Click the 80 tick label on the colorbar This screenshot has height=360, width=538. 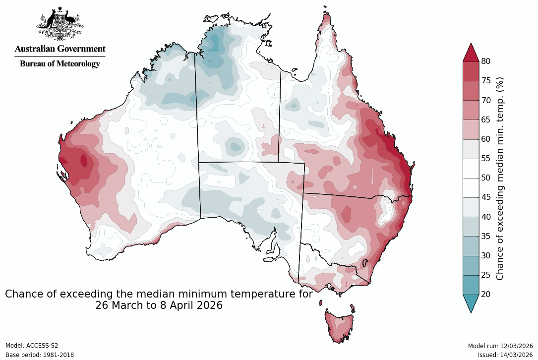click(x=486, y=61)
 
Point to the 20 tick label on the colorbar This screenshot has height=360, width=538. click(x=486, y=294)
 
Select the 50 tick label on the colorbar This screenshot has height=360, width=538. click(x=486, y=178)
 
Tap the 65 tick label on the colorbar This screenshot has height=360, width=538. click(x=486, y=120)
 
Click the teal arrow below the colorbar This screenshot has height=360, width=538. click(x=471, y=303)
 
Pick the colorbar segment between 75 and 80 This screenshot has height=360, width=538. click(x=471, y=71)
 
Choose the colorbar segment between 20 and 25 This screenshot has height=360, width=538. click(x=471, y=285)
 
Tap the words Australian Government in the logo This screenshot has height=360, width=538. click(x=60, y=49)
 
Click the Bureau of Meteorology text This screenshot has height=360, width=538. click(x=60, y=63)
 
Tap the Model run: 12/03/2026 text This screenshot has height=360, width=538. click(x=500, y=346)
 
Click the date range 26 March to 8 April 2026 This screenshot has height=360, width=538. click(x=159, y=305)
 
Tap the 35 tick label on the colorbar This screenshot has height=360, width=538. click(x=486, y=236)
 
